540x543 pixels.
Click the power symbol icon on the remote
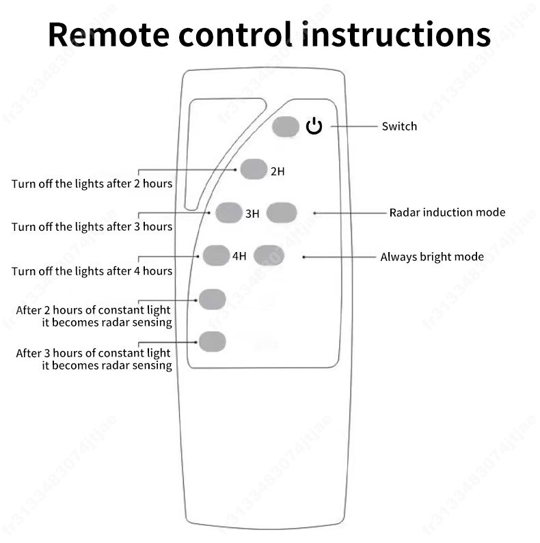point(314,126)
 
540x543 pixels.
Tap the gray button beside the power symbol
point(286,127)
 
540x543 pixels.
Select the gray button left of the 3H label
point(229,213)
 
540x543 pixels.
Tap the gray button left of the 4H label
point(216,255)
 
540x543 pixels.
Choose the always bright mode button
point(268,255)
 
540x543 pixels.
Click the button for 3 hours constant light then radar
point(212,340)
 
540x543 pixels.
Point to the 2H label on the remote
point(277,171)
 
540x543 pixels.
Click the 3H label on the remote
point(252,214)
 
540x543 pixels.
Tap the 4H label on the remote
point(239,257)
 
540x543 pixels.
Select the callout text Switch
point(399,126)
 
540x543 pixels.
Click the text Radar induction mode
point(447,212)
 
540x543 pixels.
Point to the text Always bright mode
point(432,257)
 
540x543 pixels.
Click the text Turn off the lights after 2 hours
point(92,184)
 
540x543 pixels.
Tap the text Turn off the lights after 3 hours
point(92,226)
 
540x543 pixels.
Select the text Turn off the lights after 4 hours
point(92,271)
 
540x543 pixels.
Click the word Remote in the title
point(103,34)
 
